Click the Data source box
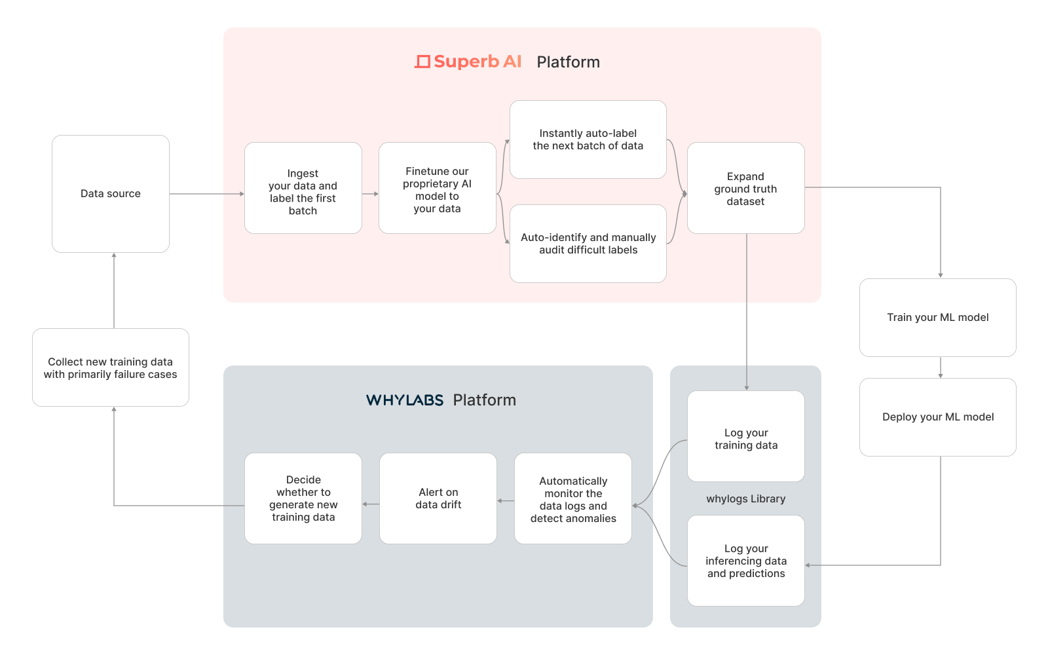[111, 194]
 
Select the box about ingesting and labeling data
[303, 188]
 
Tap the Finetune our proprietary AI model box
[438, 188]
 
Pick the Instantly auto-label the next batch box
[588, 140]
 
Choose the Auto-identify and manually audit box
[588, 243]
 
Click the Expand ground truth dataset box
[746, 188]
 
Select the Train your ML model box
[938, 318]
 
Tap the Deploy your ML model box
[938, 417]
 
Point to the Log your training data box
[746, 436]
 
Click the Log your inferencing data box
[746, 561]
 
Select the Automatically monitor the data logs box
[573, 498]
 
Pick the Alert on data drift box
[438, 498]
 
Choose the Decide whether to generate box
[303, 498]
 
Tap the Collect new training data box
[111, 367]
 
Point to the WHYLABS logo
[405, 400]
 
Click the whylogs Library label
[746, 498]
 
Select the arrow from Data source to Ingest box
[207, 194]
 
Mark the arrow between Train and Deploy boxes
[941, 367]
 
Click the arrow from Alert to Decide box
[371, 504]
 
